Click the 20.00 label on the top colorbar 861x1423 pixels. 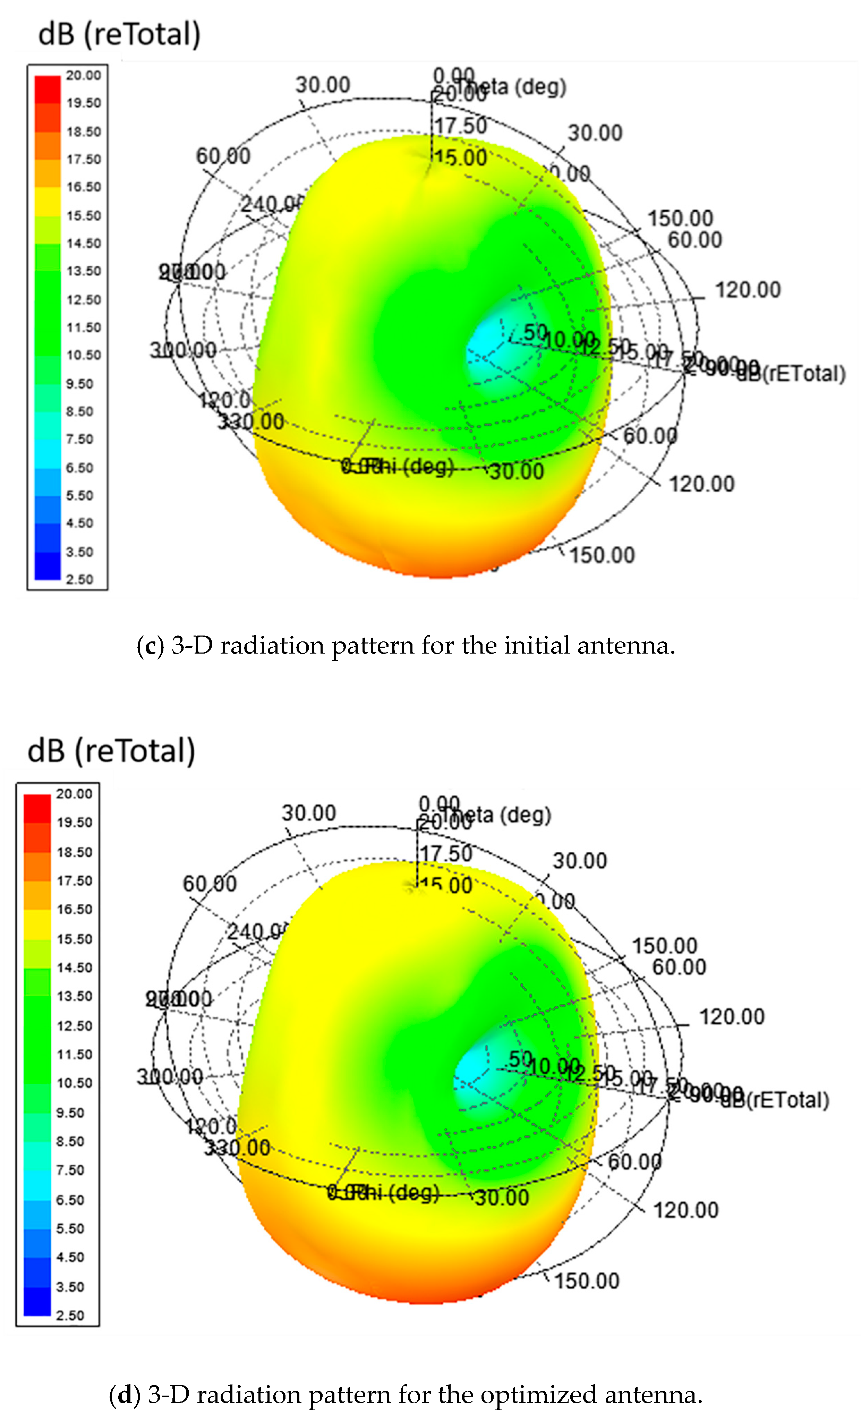tap(83, 75)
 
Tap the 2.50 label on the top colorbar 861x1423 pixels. tap(79, 579)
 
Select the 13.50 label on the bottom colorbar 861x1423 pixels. tap(74, 996)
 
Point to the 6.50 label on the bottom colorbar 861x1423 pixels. tap(70, 1200)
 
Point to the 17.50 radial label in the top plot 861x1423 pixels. tap(460, 125)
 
